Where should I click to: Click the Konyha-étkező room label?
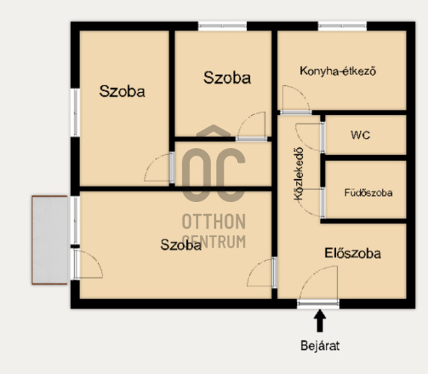(x=338, y=71)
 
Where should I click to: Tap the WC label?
(x=361, y=135)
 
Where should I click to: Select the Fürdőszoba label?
(x=368, y=193)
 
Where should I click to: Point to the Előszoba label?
(x=352, y=253)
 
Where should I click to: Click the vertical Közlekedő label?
(x=299, y=174)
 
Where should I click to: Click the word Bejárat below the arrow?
(x=320, y=346)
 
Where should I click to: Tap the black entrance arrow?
(x=320, y=321)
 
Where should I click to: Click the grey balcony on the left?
(x=49, y=240)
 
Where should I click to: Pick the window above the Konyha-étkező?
(x=342, y=27)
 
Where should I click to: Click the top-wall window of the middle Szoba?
(x=222, y=27)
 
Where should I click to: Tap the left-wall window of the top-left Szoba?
(x=75, y=112)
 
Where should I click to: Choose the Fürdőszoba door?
(x=322, y=203)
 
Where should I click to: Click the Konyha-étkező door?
(x=296, y=112)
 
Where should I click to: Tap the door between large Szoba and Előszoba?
(x=275, y=272)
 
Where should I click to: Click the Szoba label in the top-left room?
(x=122, y=91)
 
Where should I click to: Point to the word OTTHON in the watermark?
(x=214, y=221)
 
